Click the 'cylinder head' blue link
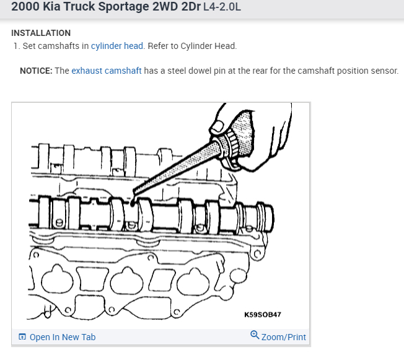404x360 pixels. tap(117, 46)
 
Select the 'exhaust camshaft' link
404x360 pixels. tap(107, 71)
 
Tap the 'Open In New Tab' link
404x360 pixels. tap(63, 337)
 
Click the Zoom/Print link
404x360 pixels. tap(284, 337)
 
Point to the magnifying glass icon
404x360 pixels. tap(255, 335)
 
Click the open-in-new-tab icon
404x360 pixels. tap(22, 337)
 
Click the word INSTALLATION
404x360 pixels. tap(41, 33)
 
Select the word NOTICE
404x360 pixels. tap(36, 71)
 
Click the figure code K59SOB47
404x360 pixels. tap(263, 315)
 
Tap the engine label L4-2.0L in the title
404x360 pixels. tap(222, 7)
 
